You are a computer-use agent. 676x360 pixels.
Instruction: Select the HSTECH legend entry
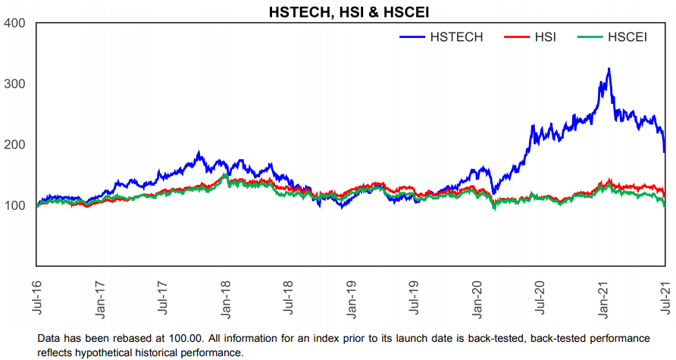click(x=455, y=37)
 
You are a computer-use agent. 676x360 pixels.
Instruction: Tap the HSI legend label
click(x=544, y=37)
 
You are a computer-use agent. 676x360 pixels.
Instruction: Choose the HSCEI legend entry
click(x=627, y=37)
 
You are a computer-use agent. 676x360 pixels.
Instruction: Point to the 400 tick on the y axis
click(x=14, y=23)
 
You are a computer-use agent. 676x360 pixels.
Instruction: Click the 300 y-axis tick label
click(x=14, y=84)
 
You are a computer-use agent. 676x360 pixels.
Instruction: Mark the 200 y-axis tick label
click(x=14, y=145)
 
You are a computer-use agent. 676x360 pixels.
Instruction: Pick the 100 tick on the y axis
click(x=14, y=205)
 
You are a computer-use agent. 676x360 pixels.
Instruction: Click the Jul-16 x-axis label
click(x=37, y=296)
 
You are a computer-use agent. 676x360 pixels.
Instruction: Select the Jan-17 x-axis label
click(x=100, y=296)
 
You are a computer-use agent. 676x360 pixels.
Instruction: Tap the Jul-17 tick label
click(x=163, y=296)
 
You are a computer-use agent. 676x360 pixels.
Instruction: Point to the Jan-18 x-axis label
click(x=227, y=296)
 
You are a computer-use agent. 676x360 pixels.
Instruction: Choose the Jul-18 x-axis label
click(x=289, y=296)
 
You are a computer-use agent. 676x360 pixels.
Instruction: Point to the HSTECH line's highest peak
click(x=609, y=69)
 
